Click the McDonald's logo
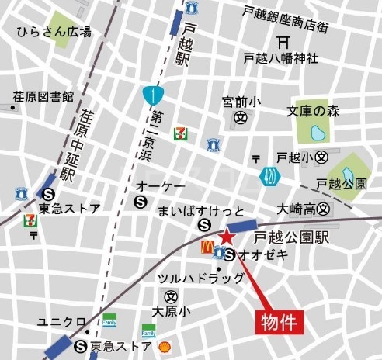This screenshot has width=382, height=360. pos(207,247)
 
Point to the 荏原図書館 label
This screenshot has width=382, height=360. pos(43,97)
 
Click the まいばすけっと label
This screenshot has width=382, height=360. pos(200,211)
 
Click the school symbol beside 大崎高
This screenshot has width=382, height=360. pos(324,209)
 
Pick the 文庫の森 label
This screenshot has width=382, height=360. pos(318,111)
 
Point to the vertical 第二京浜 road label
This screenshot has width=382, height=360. pos(148,144)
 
